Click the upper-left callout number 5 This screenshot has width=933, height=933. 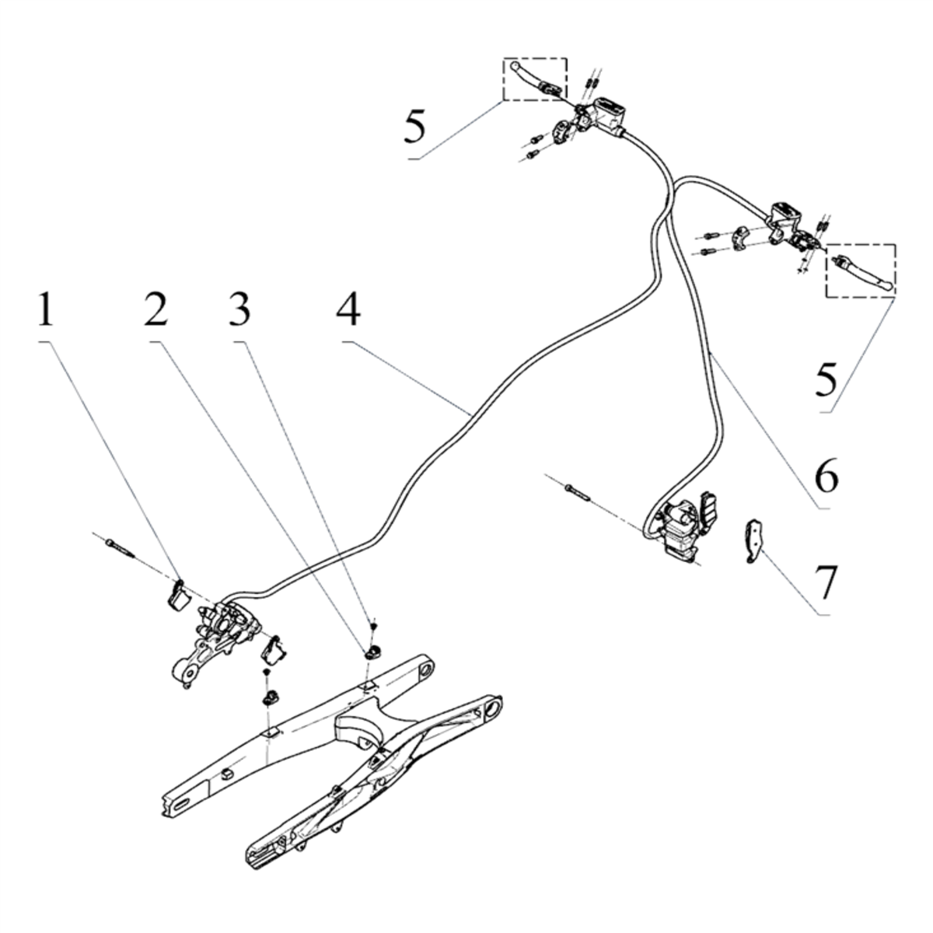click(x=415, y=127)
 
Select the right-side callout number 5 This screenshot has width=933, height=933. click(x=826, y=379)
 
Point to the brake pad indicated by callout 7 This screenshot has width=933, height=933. click(x=753, y=541)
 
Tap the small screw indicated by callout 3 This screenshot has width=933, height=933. click(x=373, y=627)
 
